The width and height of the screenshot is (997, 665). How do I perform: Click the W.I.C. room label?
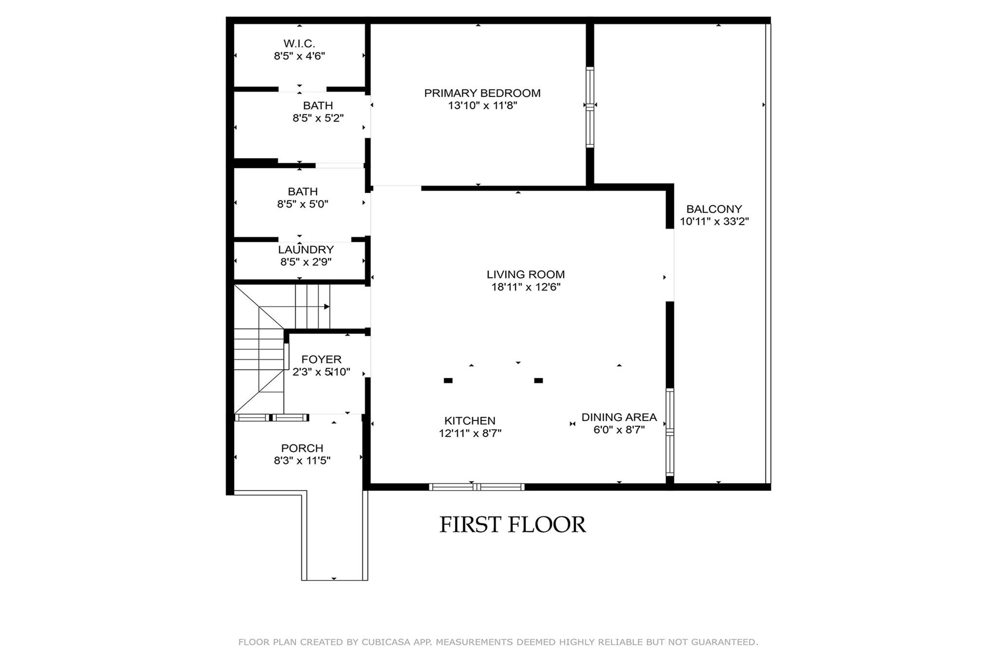tap(299, 44)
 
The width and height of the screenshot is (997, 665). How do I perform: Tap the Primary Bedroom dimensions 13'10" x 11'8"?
tap(482, 105)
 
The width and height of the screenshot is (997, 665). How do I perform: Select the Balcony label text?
tap(714, 209)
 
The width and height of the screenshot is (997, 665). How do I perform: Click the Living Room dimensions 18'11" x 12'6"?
tap(525, 287)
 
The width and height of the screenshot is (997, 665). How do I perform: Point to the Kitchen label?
tap(470, 420)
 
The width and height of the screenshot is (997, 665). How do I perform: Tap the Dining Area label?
tap(619, 417)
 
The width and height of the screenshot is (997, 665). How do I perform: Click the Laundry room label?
tap(306, 249)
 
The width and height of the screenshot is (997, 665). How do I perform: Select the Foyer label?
tap(321, 359)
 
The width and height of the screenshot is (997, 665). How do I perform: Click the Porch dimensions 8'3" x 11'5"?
tap(302, 461)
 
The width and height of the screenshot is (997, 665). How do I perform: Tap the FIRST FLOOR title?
tap(512, 525)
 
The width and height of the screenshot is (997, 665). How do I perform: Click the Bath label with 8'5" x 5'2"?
tap(318, 105)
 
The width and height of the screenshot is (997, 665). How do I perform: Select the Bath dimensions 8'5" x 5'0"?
tap(303, 204)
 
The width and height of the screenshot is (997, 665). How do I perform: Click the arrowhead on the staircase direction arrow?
tap(327, 307)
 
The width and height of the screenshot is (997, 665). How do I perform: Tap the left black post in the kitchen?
tap(448, 380)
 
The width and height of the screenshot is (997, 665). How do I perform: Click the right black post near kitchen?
tap(539, 380)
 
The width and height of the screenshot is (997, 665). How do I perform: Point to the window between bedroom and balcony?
tap(590, 107)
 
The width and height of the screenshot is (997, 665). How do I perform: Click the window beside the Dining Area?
tap(670, 432)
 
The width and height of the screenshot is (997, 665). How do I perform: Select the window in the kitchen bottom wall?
tap(476, 487)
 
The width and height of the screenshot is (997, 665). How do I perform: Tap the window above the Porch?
tap(272, 418)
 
